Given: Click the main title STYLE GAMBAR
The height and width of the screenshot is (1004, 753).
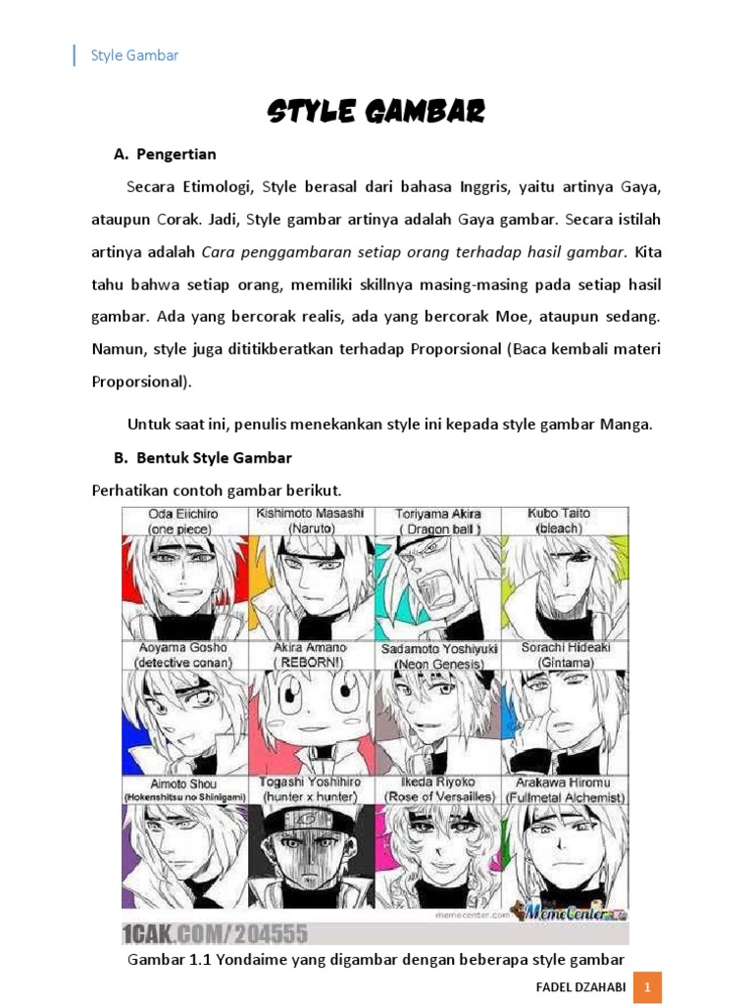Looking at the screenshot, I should click(376, 112).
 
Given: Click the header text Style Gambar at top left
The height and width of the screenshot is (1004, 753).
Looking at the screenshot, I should click(134, 56).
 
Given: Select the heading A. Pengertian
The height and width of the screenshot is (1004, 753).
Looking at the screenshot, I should click(165, 154).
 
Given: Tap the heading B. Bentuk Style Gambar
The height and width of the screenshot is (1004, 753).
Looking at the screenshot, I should click(203, 457).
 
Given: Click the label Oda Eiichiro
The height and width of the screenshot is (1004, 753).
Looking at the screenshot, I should click(183, 514).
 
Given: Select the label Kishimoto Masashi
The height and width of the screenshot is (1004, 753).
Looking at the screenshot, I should click(310, 513).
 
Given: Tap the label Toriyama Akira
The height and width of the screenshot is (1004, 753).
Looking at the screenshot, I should click(437, 514).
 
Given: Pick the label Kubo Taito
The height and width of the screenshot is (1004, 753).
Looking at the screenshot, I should click(561, 513).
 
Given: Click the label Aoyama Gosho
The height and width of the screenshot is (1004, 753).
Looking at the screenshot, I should click(183, 648).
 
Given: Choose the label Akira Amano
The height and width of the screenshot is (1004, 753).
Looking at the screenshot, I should click(310, 648).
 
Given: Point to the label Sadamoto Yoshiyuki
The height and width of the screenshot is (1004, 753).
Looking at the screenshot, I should click(438, 649).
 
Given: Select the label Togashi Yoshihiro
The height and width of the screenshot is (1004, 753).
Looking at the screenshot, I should click(310, 782).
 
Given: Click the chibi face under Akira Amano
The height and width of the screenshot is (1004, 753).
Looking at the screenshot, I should click(310, 711).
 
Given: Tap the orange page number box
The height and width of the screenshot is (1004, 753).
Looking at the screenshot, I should click(648, 985).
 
